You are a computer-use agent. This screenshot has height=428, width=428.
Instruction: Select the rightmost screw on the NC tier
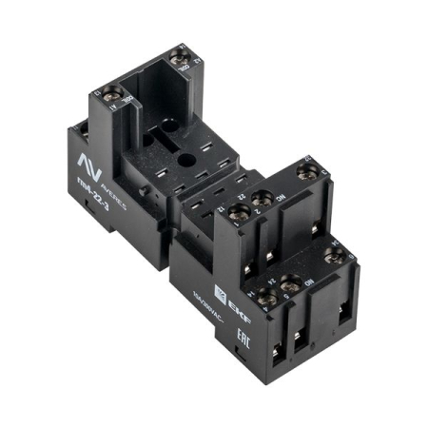[x=305, y=172]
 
